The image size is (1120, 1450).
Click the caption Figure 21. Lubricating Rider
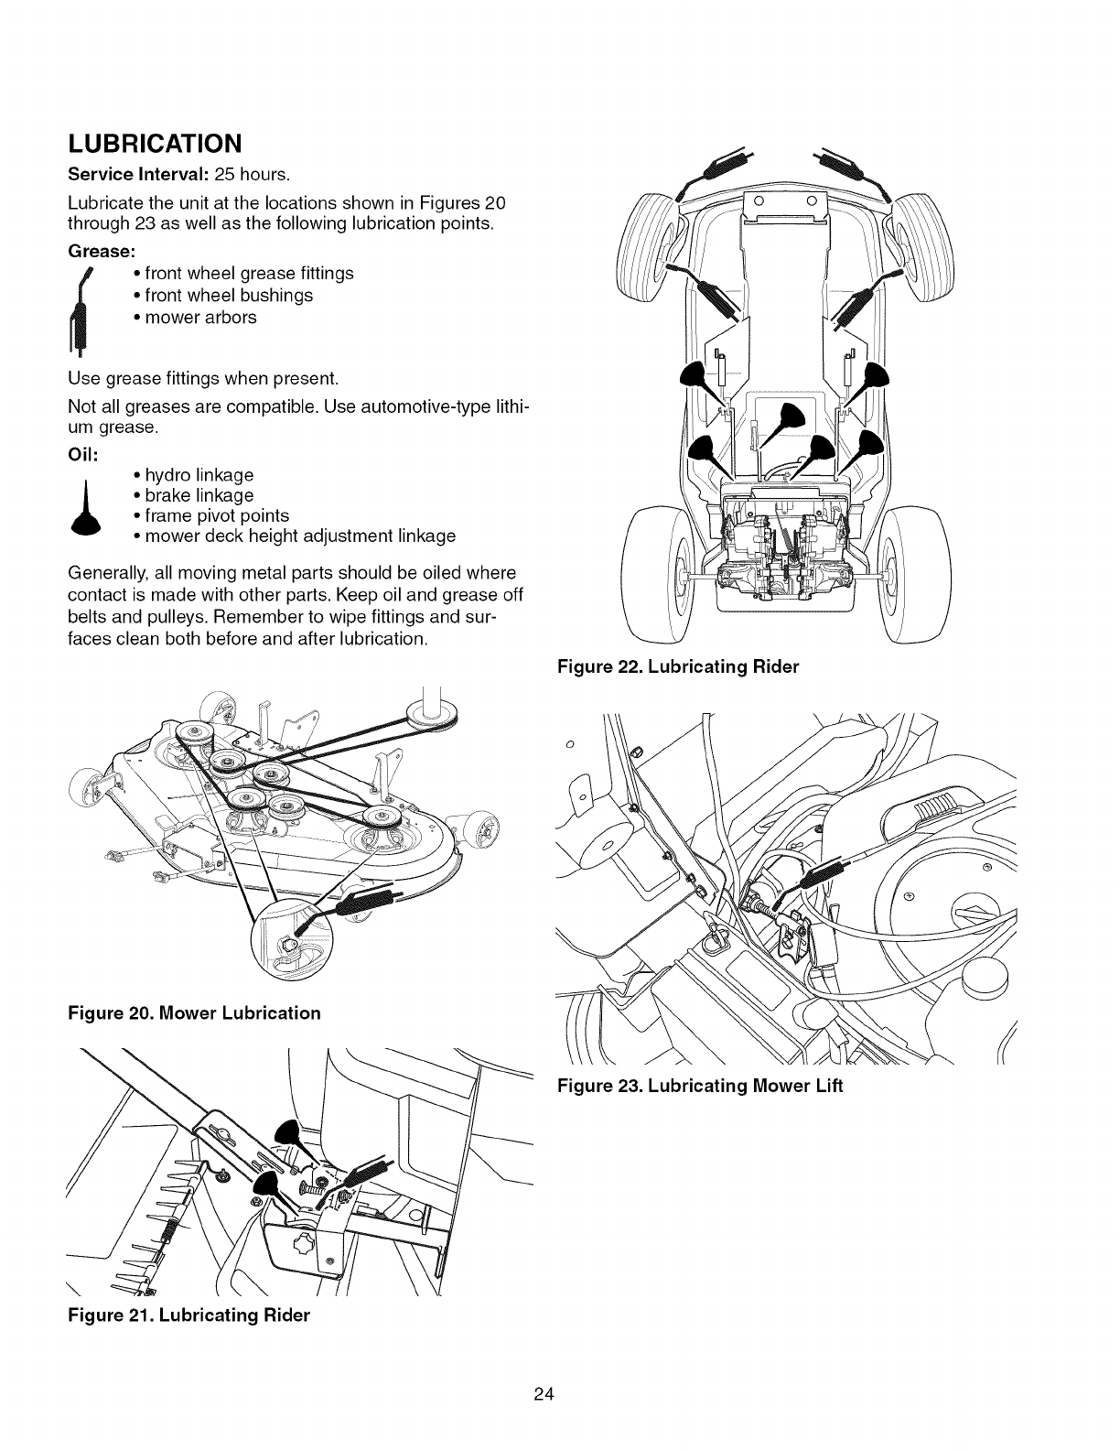click(x=189, y=1315)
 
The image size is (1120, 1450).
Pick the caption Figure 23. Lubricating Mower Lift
click(x=699, y=1087)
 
